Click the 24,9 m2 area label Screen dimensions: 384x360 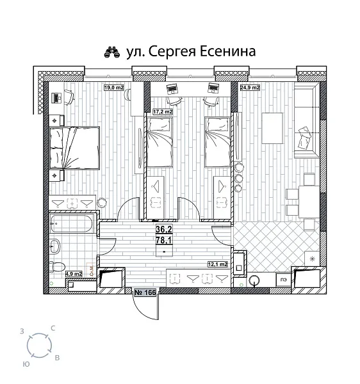[x=250, y=88]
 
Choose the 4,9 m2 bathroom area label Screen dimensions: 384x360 [x=74, y=274]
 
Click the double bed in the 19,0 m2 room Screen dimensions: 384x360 [x=74, y=147]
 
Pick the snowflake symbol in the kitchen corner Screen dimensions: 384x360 [x=313, y=258]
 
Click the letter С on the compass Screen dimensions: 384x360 [x=53, y=328]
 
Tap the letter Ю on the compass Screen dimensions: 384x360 [x=26, y=363]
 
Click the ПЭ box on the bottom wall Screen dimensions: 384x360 [x=281, y=280]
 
